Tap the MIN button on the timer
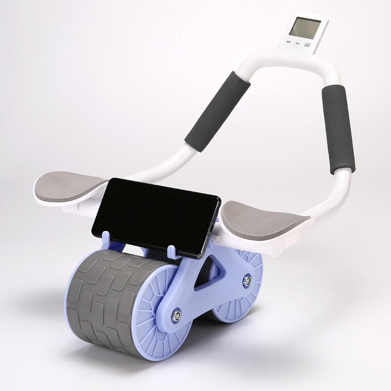[289, 43]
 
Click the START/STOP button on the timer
[307, 45]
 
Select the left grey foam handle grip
[217, 111]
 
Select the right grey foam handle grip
[338, 129]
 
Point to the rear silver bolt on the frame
[247, 280]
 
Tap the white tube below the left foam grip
[161, 166]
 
